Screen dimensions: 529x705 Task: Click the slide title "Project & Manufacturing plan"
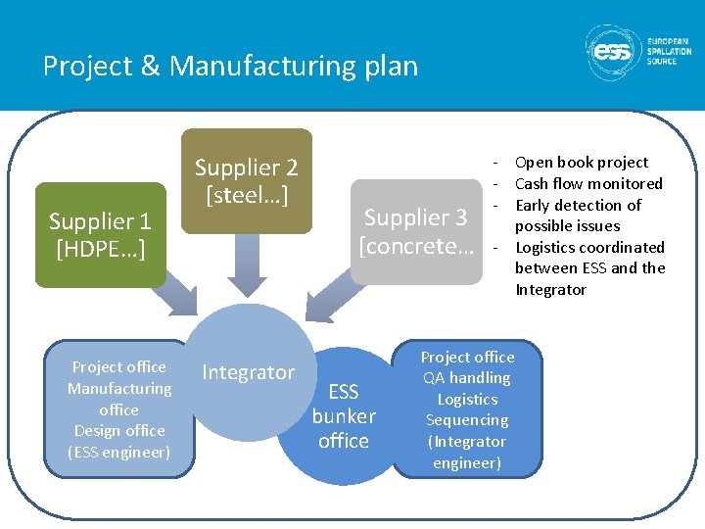coord(230,66)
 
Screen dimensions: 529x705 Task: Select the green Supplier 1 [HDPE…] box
coord(100,235)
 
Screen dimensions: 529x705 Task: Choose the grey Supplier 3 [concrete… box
coord(417,231)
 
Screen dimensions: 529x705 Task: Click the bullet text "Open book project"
coord(581,163)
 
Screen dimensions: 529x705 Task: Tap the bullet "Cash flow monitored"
coord(588,183)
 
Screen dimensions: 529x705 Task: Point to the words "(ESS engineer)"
coord(118,452)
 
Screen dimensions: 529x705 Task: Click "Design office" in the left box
coord(118,430)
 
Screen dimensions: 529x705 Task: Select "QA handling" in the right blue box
coord(467,377)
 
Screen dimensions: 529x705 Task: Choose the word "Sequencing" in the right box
coord(467,420)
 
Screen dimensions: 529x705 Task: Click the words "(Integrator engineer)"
coord(467,452)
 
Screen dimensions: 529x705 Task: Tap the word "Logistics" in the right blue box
coord(467,399)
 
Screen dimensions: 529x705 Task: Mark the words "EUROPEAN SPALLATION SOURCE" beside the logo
coord(669,52)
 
